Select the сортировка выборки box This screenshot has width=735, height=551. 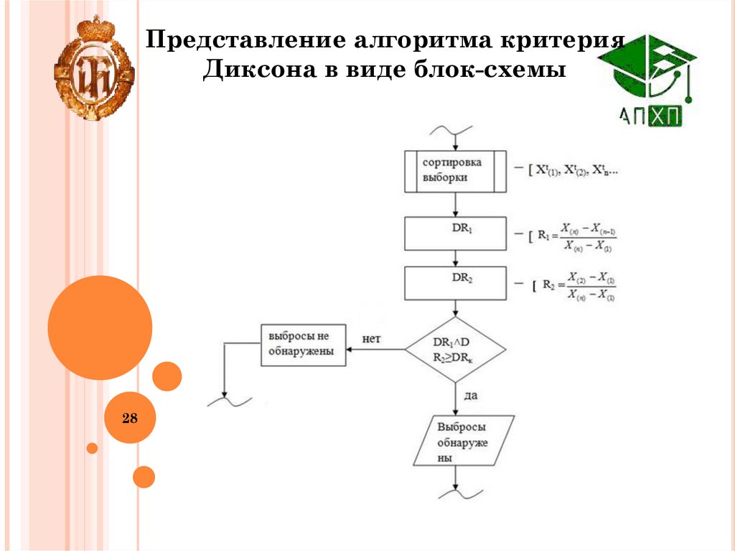[x=456, y=171]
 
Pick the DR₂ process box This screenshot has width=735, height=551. [x=456, y=282]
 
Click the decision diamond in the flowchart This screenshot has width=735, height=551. [x=456, y=350]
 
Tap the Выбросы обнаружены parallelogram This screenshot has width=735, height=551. [x=464, y=441]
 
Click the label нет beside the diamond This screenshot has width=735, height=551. [x=372, y=338]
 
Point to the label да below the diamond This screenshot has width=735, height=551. [x=471, y=395]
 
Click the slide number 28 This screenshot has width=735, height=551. [x=130, y=417]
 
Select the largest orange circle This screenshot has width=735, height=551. [x=100, y=328]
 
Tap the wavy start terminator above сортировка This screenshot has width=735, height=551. [x=451, y=131]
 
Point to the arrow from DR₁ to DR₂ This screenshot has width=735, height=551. [x=456, y=258]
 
